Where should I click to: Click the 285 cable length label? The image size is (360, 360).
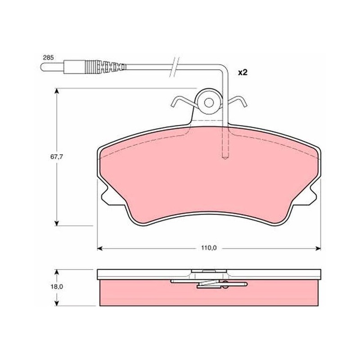(x=48, y=58)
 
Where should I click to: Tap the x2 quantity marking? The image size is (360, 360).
(x=243, y=72)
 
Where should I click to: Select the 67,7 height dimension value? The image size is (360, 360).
(x=57, y=157)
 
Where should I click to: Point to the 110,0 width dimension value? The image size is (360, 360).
(x=209, y=248)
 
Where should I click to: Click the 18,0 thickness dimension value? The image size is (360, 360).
(x=57, y=287)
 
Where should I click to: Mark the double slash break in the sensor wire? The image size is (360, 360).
(x=174, y=67)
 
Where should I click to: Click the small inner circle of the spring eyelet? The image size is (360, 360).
(x=209, y=103)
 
